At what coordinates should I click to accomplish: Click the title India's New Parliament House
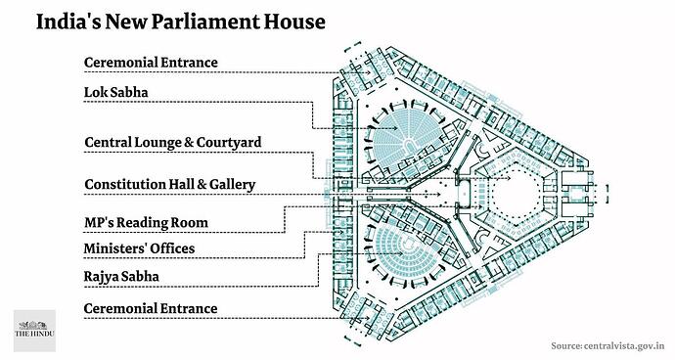tap(180, 22)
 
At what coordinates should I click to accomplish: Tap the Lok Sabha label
tap(115, 92)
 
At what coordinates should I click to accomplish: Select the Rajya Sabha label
tap(121, 277)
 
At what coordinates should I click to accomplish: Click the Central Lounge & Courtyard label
tap(172, 143)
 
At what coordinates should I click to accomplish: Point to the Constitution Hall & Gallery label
tap(169, 185)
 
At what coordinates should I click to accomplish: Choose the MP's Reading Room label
tap(146, 223)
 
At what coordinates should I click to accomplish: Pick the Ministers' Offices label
tap(139, 248)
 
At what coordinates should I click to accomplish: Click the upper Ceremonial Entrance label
tap(151, 63)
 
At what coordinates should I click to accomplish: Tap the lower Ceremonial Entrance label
tap(151, 308)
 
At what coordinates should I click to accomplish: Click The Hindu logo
tap(34, 331)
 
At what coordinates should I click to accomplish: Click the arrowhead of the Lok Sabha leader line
tap(395, 128)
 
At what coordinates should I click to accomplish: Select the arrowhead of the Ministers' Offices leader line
tap(341, 232)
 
